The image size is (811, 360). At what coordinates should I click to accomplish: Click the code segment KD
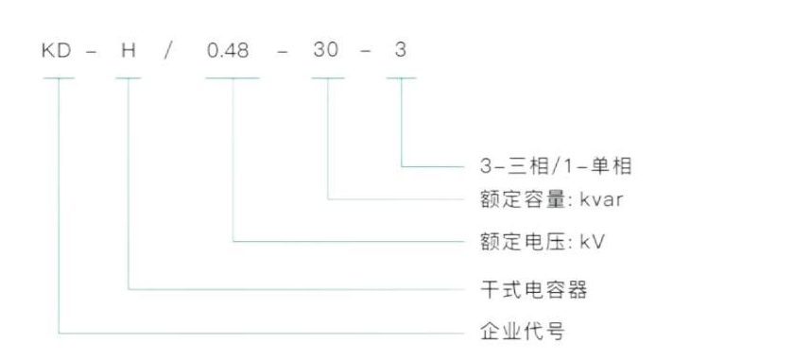click(x=58, y=50)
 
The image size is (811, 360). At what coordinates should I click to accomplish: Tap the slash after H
click(x=169, y=50)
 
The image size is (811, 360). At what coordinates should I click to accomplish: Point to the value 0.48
click(x=229, y=50)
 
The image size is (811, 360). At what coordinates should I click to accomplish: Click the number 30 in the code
click(x=326, y=50)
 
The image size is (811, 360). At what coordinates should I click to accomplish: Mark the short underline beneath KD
click(x=58, y=77)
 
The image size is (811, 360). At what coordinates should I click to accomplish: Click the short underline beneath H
click(x=129, y=77)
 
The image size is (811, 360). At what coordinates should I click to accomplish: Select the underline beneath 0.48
click(x=232, y=77)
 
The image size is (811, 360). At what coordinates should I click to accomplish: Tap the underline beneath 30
click(x=327, y=77)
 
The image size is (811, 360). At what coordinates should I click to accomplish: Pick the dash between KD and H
click(x=93, y=51)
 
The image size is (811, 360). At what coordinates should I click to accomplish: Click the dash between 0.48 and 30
click(x=281, y=51)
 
